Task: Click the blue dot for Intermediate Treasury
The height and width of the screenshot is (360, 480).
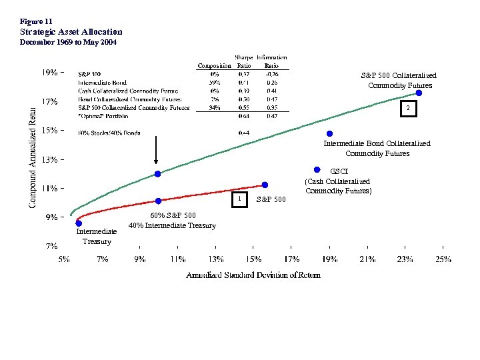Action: point(79,223)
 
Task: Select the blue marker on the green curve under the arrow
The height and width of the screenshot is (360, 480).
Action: point(157,174)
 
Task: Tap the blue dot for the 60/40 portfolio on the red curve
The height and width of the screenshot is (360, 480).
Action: point(158,201)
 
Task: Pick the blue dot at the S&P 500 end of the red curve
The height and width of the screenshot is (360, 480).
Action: point(265,185)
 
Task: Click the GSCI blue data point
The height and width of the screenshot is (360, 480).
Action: point(317,169)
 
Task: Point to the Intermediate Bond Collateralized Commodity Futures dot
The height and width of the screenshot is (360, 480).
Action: point(329,133)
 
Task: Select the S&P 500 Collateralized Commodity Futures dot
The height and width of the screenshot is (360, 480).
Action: point(419,93)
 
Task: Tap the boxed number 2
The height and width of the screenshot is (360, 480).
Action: point(408,108)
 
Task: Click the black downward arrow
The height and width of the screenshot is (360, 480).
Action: point(156,150)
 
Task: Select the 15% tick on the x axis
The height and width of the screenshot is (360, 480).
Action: point(254,259)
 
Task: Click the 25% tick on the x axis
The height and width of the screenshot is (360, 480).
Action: point(443,259)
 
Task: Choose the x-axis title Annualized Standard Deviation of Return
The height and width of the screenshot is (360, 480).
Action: point(253,275)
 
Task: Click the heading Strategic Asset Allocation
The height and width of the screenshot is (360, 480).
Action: point(71,31)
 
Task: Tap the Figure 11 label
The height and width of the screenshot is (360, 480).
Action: point(35,21)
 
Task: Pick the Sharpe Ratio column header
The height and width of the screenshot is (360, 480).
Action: point(244,62)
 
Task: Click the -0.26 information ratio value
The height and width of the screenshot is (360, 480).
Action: point(271,73)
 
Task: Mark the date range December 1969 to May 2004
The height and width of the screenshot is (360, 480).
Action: point(68,42)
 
